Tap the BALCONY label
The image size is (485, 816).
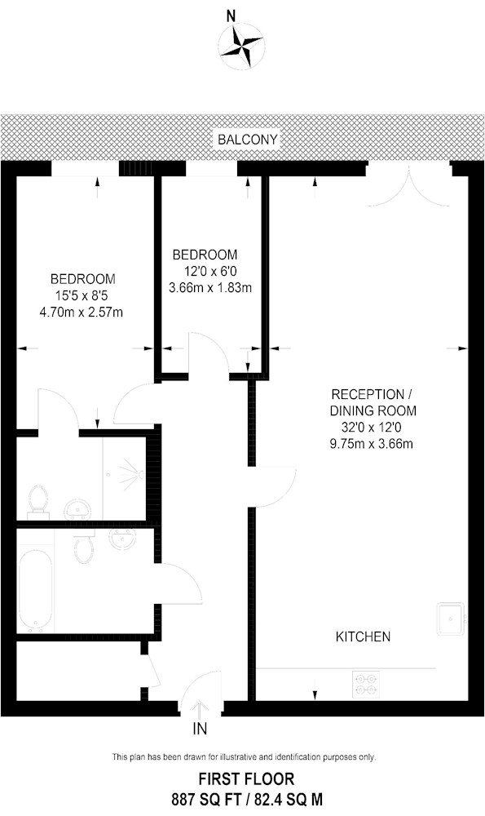(248, 140)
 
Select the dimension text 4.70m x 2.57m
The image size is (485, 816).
(82, 312)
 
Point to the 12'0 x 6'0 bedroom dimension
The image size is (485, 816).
(209, 271)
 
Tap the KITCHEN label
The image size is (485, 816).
(364, 636)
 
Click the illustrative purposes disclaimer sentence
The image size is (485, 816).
(243, 757)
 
